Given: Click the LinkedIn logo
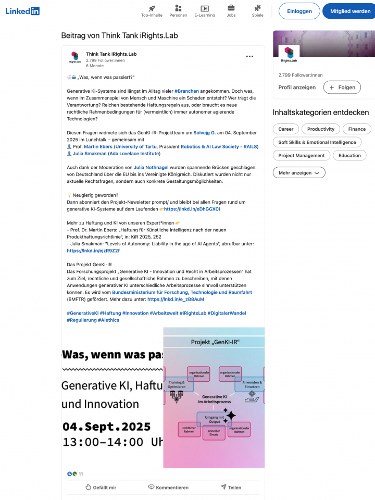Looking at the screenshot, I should point(22,11).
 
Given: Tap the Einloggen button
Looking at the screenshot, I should point(299,11).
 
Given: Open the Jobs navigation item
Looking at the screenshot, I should point(231,10).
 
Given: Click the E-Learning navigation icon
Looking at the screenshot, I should point(205,8).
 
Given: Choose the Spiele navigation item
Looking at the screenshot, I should point(257,10).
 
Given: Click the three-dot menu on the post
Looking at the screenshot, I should point(249,56).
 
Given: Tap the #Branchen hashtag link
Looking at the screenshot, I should point(186,91).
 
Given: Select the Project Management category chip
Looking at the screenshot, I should point(302,155).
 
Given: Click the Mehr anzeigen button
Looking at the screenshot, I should point(298,173).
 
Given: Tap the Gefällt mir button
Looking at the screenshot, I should point(101,488).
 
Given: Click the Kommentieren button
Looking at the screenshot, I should point(168,488).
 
